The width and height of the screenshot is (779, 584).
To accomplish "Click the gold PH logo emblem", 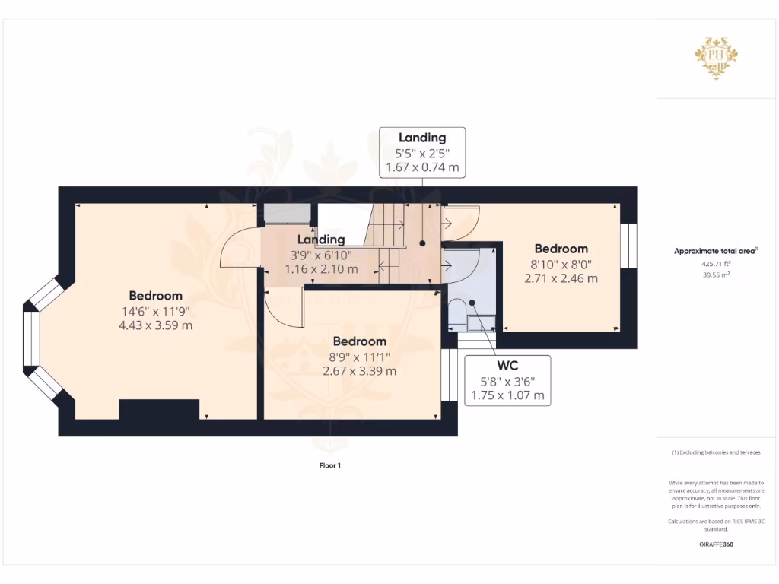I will click(716, 57).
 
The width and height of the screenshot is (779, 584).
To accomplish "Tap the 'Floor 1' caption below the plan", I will click(330, 465).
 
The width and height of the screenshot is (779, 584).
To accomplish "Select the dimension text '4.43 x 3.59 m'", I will click(155, 325).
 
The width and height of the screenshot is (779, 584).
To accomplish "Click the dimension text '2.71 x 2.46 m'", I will click(561, 278).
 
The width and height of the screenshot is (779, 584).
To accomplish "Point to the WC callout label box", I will click(507, 378).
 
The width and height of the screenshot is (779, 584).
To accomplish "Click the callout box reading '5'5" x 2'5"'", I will click(422, 152).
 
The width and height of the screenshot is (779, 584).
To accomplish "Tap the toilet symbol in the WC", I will click(457, 310).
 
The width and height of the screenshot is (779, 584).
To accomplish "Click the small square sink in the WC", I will click(482, 324).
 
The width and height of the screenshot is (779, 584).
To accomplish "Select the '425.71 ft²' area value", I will click(716, 263).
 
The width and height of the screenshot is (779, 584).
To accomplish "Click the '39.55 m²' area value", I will click(716, 275).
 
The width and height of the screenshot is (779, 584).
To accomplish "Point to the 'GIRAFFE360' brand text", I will click(716, 544).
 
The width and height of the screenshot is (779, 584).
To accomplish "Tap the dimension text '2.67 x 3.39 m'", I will click(360, 371).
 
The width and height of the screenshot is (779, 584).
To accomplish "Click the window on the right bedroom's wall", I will click(628, 246).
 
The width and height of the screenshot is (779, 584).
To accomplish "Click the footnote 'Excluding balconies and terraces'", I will click(716, 452).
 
